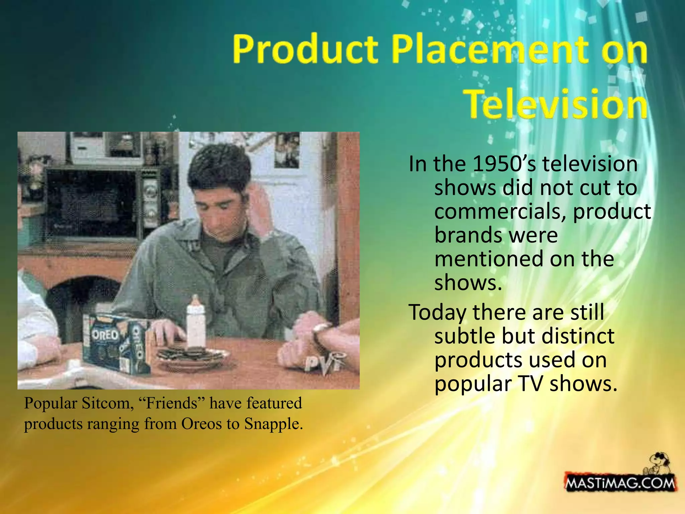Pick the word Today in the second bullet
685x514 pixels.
(437, 313)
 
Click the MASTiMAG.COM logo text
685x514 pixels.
(620, 483)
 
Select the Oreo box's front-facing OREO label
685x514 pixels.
(105, 335)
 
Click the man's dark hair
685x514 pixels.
(219, 166)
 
